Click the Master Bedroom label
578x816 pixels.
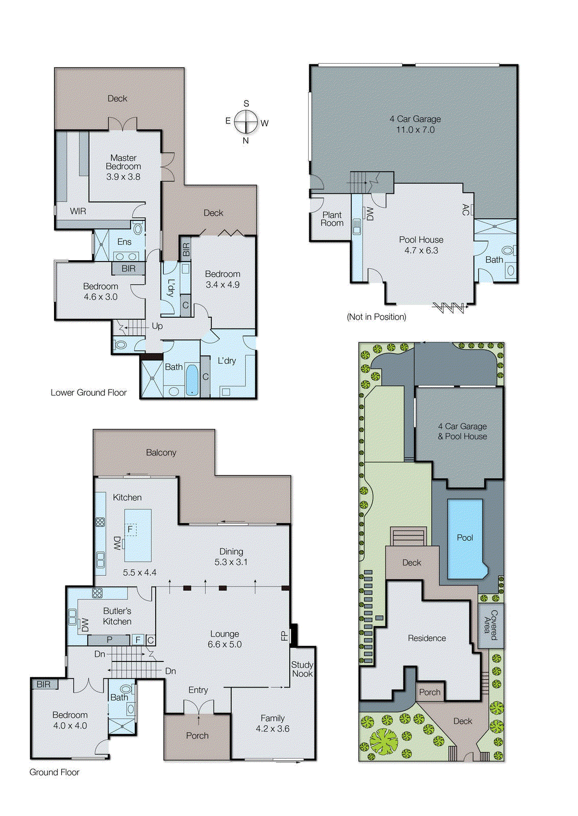123,162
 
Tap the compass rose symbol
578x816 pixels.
246,122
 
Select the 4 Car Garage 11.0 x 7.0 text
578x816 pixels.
415,124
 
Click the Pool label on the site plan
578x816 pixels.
465,538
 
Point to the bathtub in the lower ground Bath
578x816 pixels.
192,379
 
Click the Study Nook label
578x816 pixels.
302,669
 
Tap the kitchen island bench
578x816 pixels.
138,535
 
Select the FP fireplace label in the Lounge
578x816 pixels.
284,636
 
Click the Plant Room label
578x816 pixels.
332,219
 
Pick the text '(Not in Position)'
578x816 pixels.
376,317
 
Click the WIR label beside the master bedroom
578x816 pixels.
78,211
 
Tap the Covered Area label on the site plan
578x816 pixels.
490,625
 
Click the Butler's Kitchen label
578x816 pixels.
117,616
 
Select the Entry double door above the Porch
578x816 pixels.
198,707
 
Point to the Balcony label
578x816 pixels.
161,452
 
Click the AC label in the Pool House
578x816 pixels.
465,210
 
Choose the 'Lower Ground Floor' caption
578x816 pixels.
88,393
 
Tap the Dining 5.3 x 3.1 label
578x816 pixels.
231,556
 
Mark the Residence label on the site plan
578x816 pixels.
426,638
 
